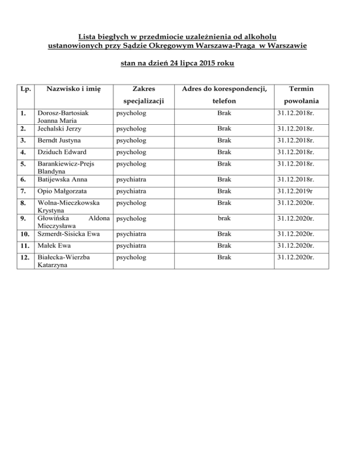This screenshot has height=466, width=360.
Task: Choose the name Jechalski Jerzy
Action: click(57, 128)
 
